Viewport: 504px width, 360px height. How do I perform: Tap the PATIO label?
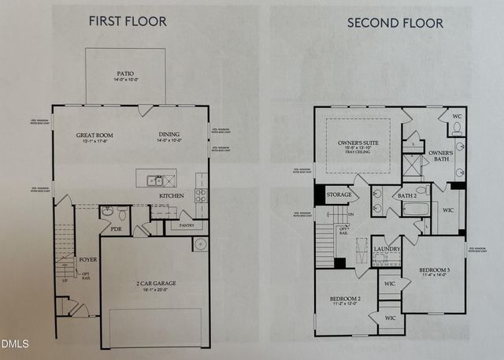[x=125, y=74]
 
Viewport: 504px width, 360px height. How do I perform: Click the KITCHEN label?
[x=172, y=195]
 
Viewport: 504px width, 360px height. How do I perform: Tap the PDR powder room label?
[x=116, y=230]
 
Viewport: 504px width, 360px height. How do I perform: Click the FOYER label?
[x=87, y=258]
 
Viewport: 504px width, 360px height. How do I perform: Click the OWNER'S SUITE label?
[x=358, y=143]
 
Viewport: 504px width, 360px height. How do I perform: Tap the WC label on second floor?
[x=457, y=113]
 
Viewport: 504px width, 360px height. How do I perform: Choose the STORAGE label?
[x=339, y=194]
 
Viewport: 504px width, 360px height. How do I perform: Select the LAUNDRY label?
[x=387, y=249]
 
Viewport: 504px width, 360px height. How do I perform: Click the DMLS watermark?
[x=15, y=343]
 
